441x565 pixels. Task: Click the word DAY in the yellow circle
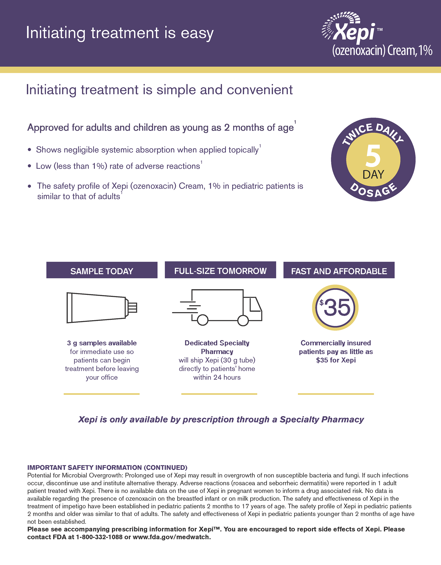[373, 175]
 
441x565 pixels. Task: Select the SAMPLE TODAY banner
[102, 271]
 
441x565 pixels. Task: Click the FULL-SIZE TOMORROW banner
[220, 271]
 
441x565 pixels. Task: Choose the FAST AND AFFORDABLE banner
[339, 271]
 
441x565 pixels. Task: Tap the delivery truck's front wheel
[243, 321]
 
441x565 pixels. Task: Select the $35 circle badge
[335, 307]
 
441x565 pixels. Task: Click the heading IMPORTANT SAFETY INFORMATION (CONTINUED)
[107, 468]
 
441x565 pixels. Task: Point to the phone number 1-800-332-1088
[99, 537]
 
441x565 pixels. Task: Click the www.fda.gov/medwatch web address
[171, 537]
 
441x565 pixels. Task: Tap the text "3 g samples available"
[102, 343]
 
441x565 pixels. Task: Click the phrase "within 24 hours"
[217, 377]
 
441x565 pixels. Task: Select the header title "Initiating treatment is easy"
[120, 33]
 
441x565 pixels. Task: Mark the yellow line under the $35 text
[336, 394]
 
